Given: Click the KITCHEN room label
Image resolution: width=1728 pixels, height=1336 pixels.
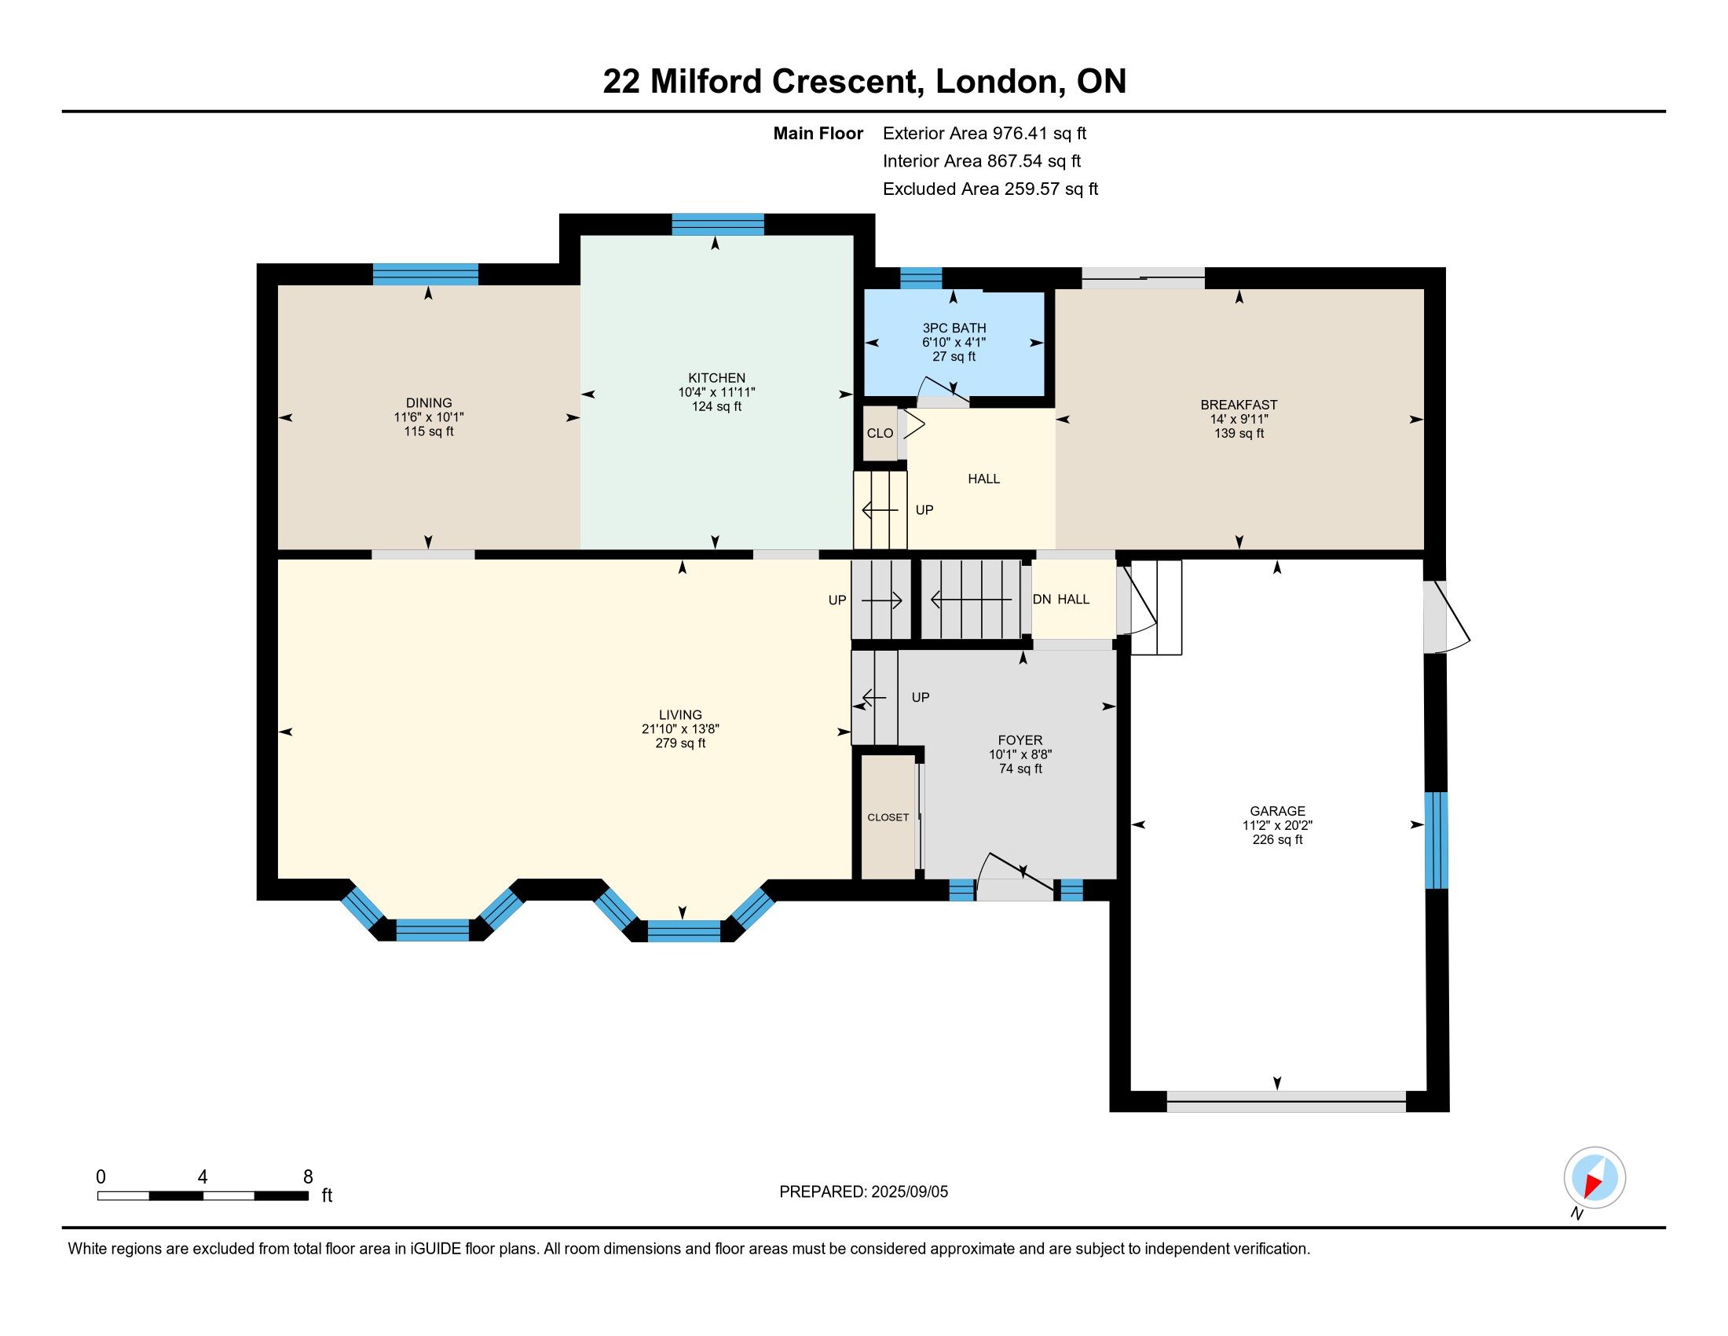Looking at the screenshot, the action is pyautogui.click(x=716, y=378).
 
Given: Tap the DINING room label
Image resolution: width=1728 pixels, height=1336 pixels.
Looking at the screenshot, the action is pyautogui.click(x=429, y=403).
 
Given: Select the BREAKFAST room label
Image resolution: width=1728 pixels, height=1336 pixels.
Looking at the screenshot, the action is pyautogui.click(x=1239, y=406).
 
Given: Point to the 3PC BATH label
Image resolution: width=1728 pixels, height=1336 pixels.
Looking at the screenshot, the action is pyautogui.click(x=954, y=328).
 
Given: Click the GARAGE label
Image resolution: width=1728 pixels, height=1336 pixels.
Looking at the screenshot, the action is pyautogui.click(x=1277, y=810).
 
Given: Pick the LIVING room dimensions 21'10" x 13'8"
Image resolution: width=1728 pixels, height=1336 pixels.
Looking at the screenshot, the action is pyautogui.click(x=680, y=729).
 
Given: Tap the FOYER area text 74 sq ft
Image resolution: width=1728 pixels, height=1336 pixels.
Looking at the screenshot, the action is pyautogui.click(x=1020, y=769).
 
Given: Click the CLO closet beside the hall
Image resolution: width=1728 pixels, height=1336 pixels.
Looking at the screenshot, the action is pyautogui.click(x=880, y=433).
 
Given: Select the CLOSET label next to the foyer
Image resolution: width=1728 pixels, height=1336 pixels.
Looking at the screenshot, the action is pyautogui.click(x=888, y=817).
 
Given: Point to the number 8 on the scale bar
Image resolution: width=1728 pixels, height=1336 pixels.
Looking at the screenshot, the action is pyautogui.click(x=308, y=1177).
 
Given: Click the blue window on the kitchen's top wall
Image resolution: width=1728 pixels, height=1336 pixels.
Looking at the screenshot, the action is pyautogui.click(x=718, y=225).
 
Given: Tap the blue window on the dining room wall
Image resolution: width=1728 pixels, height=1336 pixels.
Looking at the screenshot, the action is pyautogui.click(x=426, y=273).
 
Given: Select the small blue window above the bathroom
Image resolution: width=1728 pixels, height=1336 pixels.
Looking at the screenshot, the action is pyautogui.click(x=921, y=279).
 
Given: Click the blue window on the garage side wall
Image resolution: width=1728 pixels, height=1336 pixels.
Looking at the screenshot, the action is pyautogui.click(x=1436, y=841).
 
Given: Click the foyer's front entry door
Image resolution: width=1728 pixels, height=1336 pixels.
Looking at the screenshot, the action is pyautogui.click(x=1016, y=877).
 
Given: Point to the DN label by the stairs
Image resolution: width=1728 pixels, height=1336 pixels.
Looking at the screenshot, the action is pyautogui.click(x=1042, y=599).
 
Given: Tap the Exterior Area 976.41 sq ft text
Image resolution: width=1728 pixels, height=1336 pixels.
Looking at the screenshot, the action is pyautogui.click(x=984, y=133).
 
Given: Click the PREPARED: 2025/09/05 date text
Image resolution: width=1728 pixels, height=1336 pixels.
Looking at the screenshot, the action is pyautogui.click(x=863, y=1192).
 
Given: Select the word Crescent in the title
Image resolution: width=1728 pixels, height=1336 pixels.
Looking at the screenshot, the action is pyautogui.click(x=848, y=82).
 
